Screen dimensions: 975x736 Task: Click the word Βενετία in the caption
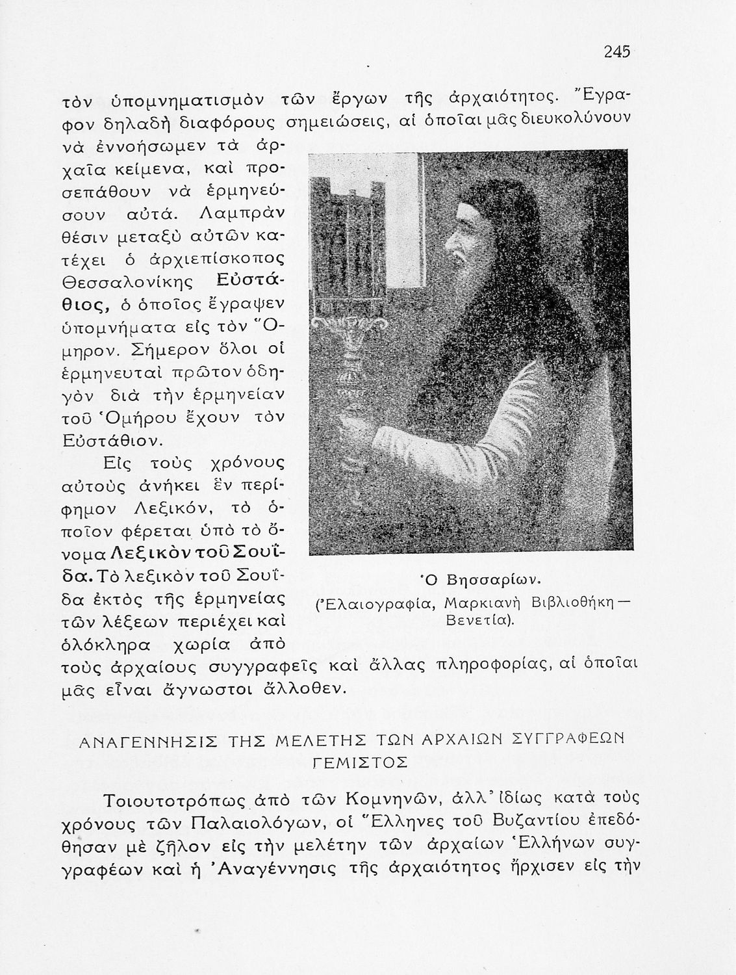point(479,620)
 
